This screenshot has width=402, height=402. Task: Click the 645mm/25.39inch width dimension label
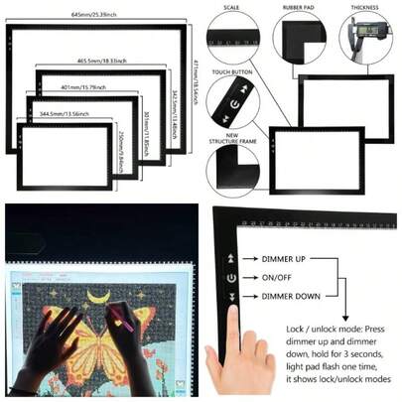tap(94, 16)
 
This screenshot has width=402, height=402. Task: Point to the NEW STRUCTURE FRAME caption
tap(231, 140)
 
